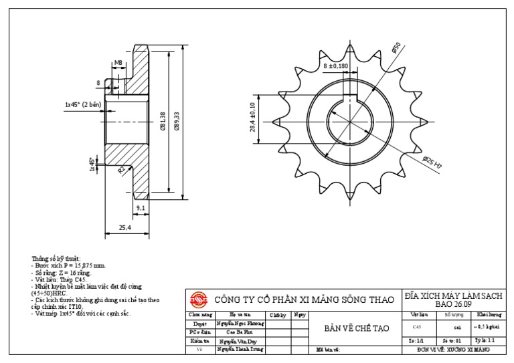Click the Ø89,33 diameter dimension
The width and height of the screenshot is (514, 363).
pos(177,121)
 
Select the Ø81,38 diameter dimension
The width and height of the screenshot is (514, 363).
pos(163,121)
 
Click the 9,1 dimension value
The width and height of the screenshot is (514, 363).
pos(141,209)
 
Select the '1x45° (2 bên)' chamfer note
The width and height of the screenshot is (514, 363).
pos(82,104)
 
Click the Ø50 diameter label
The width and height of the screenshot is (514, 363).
pos(396,48)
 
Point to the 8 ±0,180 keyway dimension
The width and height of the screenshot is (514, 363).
pos(336,66)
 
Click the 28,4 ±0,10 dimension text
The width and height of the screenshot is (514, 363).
pos(254,118)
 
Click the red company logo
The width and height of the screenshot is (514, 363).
pos(199,299)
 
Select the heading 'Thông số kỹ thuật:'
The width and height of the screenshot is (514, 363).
pos(56,258)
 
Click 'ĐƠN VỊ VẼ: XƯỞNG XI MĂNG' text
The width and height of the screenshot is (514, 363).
pos(453,349)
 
